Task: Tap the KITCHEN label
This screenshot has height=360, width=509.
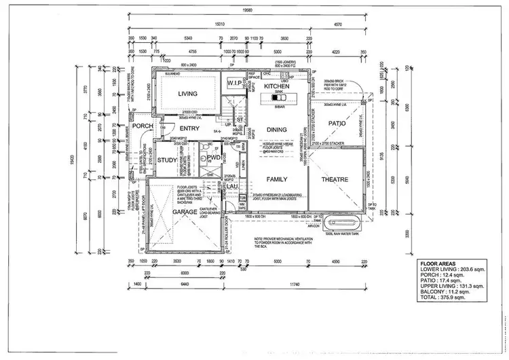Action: click(x=276, y=87)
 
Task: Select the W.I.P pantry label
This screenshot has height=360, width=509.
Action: click(x=235, y=83)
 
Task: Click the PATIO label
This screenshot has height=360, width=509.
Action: click(x=337, y=124)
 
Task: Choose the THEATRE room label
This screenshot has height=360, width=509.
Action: click(x=334, y=179)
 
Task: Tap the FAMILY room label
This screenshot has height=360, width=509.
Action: click(x=276, y=179)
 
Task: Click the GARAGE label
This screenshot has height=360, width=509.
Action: click(x=184, y=211)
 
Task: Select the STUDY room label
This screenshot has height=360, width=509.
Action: click(x=166, y=160)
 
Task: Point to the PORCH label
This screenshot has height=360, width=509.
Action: click(x=143, y=126)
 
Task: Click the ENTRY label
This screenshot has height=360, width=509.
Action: click(x=189, y=128)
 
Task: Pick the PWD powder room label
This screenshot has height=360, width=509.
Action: click(x=214, y=158)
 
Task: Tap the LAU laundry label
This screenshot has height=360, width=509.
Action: click(x=231, y=185)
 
